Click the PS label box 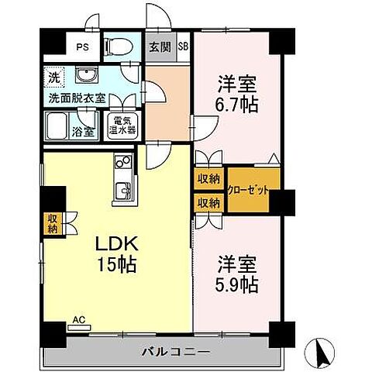[x=82, y=46]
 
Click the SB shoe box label [x=184, y=45]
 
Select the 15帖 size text [x=116, y=265]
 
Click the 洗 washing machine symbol [x=53, y=77]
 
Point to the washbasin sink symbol [x=84, y=77]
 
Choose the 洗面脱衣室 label [x=77, y=100]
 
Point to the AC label [x=79, y=319]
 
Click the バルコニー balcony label [x=174, y=352]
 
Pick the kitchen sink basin [x=122, y=190]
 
